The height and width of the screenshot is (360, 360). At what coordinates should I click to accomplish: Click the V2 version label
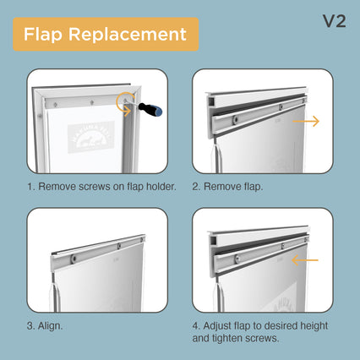tap(335, 21)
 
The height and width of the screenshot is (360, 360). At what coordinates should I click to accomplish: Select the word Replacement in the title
tap(128, 35)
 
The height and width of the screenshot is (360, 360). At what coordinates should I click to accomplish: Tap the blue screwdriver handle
tap(150, 109)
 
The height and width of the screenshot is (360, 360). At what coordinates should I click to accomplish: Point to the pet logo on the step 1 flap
tap(91, 137)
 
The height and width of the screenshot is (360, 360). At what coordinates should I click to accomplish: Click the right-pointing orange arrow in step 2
tap(306, 122)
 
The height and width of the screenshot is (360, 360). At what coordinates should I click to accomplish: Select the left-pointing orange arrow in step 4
tap(305, 260)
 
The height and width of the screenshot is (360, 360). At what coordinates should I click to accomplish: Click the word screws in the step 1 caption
tap(95, 187)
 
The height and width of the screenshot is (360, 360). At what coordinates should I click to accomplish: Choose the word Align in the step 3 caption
tap(50, 326)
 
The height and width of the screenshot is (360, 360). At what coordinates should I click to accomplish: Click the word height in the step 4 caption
tap(314, 326)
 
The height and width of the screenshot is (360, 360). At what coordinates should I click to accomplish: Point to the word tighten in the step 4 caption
tap(227, 338)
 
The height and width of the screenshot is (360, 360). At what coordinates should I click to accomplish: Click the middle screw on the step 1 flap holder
tap(92, 102)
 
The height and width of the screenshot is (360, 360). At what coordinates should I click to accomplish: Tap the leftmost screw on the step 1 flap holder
tap(56, 105)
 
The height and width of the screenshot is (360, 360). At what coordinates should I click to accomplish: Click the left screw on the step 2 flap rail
tap(235, 120)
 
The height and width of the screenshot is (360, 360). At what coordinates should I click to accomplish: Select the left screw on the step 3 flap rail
tap(73, 259)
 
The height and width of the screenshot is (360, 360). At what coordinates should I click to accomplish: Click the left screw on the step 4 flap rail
tap(237, 258)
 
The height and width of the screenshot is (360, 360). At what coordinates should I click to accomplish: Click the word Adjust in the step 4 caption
tap(217, 326)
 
